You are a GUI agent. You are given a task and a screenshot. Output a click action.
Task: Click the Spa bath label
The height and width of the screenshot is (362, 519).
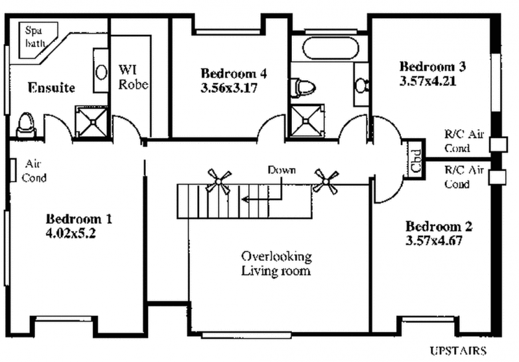pyautogui.click(x=35, y=37)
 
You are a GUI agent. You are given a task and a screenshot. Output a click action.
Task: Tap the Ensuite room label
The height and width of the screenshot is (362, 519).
pyautogui.click(x=51, y=88)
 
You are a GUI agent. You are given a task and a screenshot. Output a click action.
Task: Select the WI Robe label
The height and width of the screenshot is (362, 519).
pyautogui.click(x=133, y=77)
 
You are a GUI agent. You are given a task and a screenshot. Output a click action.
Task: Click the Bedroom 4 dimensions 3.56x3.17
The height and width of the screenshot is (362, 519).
pyautogui.click(x=229, y=88)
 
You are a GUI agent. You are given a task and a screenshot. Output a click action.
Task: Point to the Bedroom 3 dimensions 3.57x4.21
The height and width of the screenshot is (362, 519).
pyautogui.click(x=428, y=81)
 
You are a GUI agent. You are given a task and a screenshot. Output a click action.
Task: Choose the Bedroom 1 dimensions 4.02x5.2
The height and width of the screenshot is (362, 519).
pyautogui.click(x=71, y=234)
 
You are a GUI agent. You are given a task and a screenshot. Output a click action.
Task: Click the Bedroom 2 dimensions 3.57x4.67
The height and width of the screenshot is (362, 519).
pyautogui.click(x=434, y=241)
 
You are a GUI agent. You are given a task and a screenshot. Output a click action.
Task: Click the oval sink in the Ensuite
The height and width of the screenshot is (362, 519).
pyautogui.click(x=101, y=72)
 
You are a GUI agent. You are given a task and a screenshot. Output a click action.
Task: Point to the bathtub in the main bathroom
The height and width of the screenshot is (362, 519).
pyautogui.click(x=330, y=48)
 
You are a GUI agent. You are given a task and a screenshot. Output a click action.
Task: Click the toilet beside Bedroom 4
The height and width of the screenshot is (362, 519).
pyautogui.click(x=302, y=88)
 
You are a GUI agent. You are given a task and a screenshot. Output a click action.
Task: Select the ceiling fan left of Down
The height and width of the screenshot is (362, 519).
pyautogui.click(x=219, y=181)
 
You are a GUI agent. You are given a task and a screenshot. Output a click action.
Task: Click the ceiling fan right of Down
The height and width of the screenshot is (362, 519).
pyautogui.click(x=326, y=181)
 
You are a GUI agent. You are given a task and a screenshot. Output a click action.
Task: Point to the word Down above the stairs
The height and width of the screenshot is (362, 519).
pyautogui.click(x=282, y=170)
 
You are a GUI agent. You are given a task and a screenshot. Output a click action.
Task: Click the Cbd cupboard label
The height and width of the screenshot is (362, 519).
pyautogui.click(x=415, y=161)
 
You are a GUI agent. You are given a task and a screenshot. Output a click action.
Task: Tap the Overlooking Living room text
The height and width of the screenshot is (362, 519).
pyautogui.click(x=276, y=264)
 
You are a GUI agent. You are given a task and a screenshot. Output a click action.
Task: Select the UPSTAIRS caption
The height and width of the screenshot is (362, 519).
pyautogui.click(x=458, y=350)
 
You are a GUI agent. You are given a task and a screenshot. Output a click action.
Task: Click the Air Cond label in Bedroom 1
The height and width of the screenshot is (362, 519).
pyautogui.click(x=34, y=171)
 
